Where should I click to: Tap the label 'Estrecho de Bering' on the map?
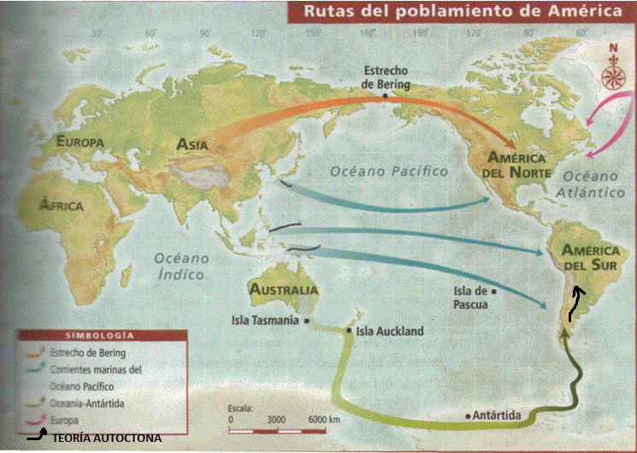tap(386, 78)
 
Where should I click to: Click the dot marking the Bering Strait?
tap(386, 96)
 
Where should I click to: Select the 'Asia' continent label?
tap(192, 144)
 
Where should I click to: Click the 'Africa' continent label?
tap(62, 205)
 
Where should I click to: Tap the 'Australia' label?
tap(284, 290)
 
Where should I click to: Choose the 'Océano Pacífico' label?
tap(389, 171)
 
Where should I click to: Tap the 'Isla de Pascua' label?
tap(469, 296)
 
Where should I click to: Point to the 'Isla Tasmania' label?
tap(265, 321)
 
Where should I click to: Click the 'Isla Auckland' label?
tap(389, 331)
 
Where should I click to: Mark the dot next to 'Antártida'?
tap(469, 415)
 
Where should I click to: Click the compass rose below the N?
tap(612, 76)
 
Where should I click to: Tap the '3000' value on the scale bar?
tap(275, 421)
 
